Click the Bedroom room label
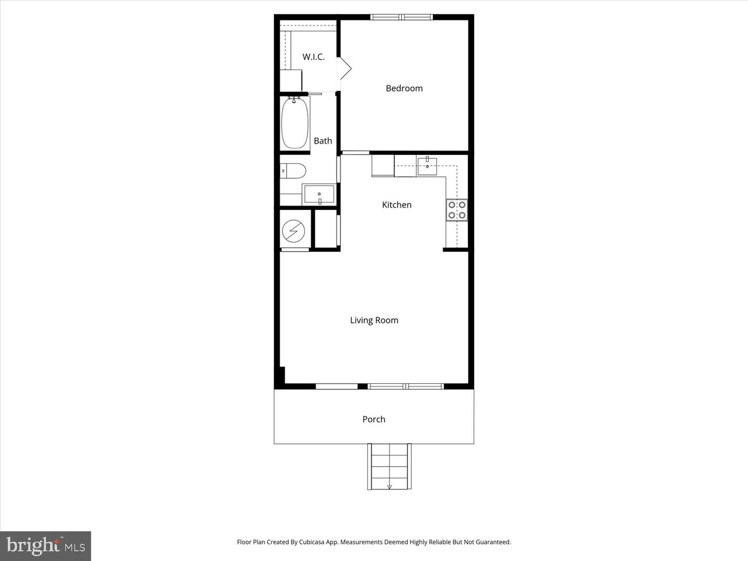[404, 88]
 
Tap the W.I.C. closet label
[314, 57]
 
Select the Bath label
[323, 141]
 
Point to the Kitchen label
[396, 205]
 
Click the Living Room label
[374, 320]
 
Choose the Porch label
[373, 419]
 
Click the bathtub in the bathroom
[295, 123]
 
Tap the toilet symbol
[292, 171]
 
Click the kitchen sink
[427, 166]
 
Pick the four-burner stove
[457, 210]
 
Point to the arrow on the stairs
[390, 486]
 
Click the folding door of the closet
[344, 69]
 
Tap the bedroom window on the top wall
[402, 17]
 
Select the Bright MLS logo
[46, 545]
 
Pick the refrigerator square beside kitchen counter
[383, 166]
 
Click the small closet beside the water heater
[326, 229]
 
